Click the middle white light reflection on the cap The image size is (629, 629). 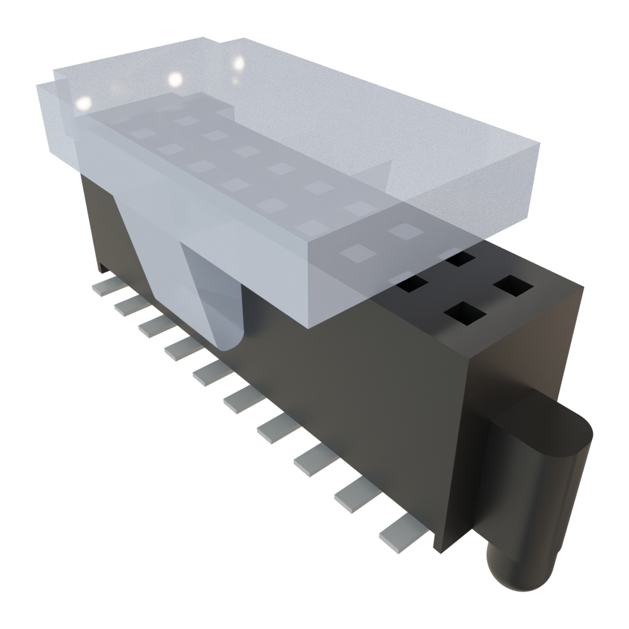(x=176, y=79)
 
